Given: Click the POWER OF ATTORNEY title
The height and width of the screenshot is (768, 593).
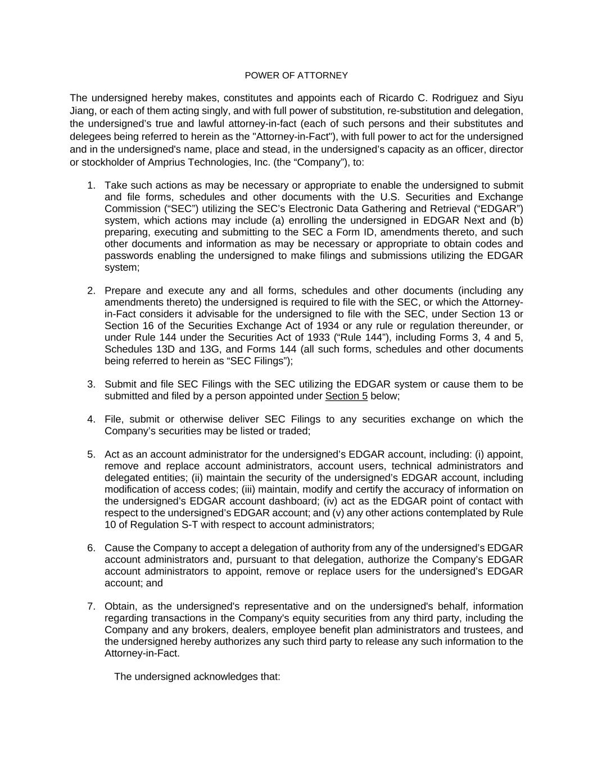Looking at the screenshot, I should (296, 75).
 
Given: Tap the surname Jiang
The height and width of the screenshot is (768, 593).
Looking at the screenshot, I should (83, 111).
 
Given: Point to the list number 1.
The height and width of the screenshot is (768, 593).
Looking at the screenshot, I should (91, 186).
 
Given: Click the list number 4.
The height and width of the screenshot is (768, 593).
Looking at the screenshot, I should (91, 419).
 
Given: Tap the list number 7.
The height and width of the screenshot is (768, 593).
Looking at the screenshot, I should (91, 607).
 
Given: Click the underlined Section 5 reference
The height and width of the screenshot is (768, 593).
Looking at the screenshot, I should (346, 396).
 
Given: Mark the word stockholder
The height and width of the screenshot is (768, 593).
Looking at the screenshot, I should (107, 163).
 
